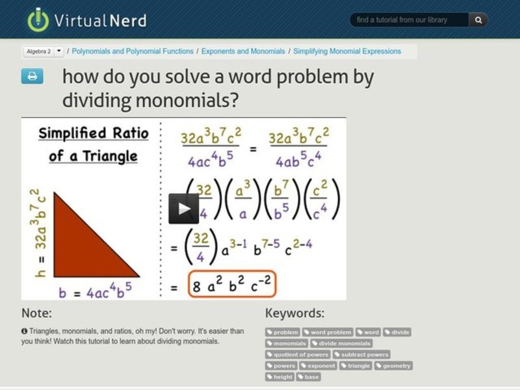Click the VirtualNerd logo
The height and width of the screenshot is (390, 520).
click(86, 19)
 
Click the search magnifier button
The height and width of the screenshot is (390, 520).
click(478, 20)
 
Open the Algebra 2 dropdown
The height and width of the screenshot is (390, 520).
click(59, 51)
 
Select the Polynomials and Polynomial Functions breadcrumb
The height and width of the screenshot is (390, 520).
click(133, 51)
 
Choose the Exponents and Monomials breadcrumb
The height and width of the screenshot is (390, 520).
click(243, 51)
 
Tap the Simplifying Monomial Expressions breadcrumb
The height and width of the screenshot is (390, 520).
click(347, 51)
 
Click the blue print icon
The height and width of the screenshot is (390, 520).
click(32, 77)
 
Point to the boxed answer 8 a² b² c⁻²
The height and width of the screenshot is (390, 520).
click(231, 285)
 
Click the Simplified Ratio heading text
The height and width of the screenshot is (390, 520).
click(93, 134)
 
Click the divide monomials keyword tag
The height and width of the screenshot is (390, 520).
click(341, 343)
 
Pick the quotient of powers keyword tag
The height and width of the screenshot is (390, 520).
click(298, 354)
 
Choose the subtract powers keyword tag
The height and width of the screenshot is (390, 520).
click(361, 354)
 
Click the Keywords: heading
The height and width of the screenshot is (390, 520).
click(294, 313)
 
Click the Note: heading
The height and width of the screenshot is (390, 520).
click(36, 313)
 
